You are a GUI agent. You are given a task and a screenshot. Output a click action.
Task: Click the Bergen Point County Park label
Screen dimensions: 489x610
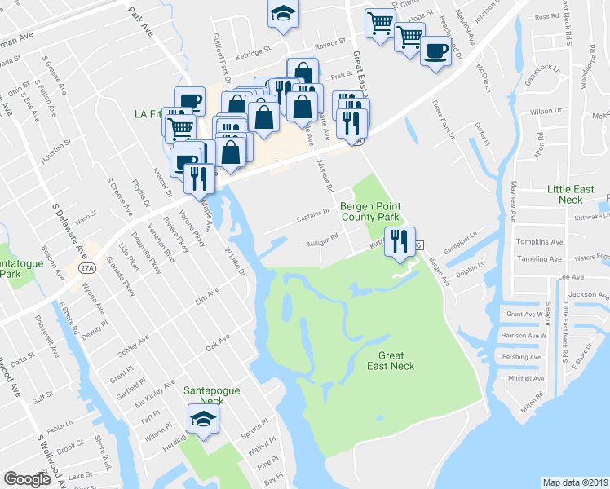pos(369,212)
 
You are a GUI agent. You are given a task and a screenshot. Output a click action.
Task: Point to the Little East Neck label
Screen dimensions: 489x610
pos(576,194)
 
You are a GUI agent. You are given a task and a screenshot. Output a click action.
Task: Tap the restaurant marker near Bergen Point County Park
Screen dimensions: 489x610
pos(400,241)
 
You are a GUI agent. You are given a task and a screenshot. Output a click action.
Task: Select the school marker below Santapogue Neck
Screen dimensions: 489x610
pos(203,421)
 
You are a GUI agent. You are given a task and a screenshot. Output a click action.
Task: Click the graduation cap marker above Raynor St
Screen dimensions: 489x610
pos(283,14)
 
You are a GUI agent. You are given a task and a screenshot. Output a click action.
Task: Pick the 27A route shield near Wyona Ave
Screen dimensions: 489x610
pos(88,267)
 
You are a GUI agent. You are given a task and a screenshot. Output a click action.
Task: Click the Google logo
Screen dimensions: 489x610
pos(27,478)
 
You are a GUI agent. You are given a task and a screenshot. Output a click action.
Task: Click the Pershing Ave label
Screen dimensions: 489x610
pos(522,357)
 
